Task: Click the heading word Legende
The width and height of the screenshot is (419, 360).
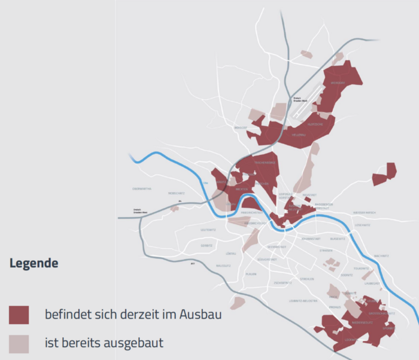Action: coord(34,263)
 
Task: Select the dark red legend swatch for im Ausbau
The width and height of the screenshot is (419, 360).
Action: coord(19,315)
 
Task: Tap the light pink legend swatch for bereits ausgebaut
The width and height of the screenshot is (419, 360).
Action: coord(19,343)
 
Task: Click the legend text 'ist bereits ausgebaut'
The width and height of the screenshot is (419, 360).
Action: coord(104,343)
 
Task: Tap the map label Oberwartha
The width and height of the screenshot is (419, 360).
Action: coord(142,189)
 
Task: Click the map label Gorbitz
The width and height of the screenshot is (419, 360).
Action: coord(207,246)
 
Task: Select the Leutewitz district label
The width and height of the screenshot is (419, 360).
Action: coord(208,230)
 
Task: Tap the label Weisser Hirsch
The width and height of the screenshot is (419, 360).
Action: coord(365,213)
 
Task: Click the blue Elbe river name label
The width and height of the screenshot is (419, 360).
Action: coord(205,183)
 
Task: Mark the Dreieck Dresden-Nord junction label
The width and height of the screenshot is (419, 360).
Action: coord(300,99)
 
